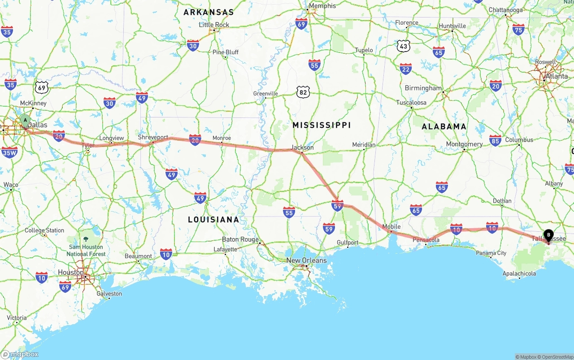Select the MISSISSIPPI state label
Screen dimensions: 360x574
coord(322,125)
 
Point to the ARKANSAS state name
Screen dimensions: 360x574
coord(209,12)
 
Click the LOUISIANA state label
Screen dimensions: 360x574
coord(213,220)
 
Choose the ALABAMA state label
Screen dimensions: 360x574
coord(444,126)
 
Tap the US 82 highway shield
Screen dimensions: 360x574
coord(303,92)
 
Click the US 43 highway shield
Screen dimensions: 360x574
coord(403,45)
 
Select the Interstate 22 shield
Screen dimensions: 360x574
coord(406,69)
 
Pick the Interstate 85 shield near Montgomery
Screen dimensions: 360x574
coord(495,140)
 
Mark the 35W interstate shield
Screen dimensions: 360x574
coord(9,152)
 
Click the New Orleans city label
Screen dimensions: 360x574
coord(306,260)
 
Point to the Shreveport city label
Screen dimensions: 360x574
coord(153,137)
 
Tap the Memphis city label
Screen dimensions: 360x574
coord(322,6)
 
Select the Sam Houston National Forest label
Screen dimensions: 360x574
coord(86,250)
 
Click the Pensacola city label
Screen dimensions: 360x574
coord(426,240)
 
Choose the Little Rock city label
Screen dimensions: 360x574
coord(214,25)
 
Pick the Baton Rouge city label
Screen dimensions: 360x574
coord(240,239)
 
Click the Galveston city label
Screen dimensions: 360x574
coord(109,294)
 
